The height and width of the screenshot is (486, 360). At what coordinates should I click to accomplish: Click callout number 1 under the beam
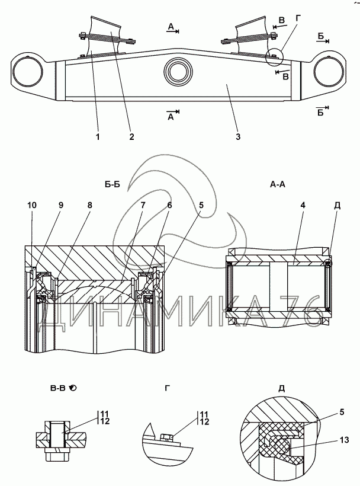click(x=98, y=137)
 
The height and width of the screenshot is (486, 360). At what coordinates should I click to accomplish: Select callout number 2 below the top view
click(x=131, y=137)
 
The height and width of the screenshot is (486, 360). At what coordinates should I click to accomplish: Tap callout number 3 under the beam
click(x=237, y=137)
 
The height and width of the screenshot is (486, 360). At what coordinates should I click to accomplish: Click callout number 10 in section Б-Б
click(x=31, y=205)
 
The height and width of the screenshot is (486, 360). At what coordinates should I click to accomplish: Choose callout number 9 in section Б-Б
click(x=61, y=205)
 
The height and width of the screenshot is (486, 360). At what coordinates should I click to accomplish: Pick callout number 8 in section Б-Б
click(x=89, y=205)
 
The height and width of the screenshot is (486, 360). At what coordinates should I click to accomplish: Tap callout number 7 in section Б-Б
click(x=143, y=205)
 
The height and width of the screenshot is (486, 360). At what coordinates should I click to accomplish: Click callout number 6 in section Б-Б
click(x=170, y=205)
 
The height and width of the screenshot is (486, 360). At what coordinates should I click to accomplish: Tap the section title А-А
click(x=278, y=184)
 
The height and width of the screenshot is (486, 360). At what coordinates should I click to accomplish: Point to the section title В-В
click(x=58, y=388)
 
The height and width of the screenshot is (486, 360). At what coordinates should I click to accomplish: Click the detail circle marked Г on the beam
click(x=274, y=57)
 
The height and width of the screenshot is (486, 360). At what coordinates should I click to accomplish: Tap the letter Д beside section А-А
click(x=337, y=206)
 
